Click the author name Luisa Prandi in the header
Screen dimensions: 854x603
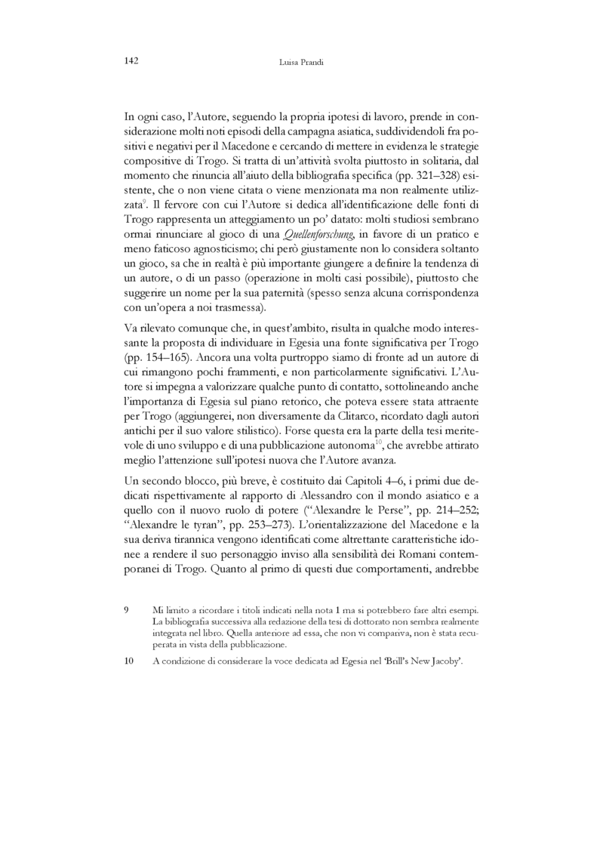pos(301,62)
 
